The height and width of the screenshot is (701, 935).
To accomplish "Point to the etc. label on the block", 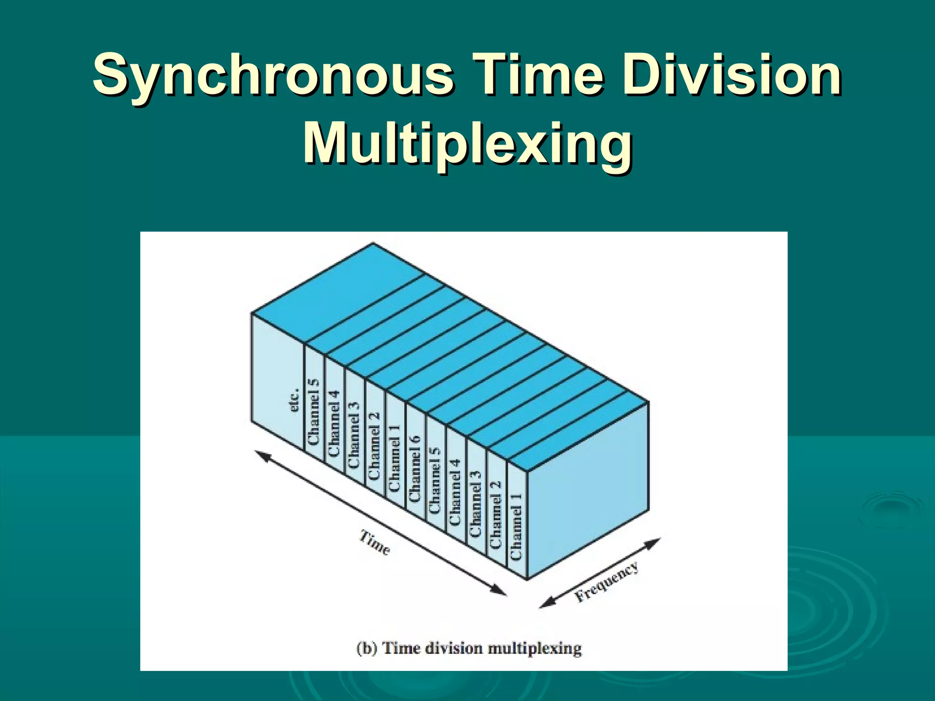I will [x=295, y=400].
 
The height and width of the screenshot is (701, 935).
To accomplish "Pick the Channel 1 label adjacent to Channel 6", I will [x=394, y=458].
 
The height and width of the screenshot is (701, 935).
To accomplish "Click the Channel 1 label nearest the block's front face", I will [x=516, y=527].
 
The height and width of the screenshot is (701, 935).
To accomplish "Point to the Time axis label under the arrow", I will [x=375, y=542].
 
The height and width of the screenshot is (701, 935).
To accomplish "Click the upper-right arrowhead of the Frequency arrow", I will [x=654, y=543].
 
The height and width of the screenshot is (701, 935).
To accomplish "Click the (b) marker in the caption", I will [x=367, y=648].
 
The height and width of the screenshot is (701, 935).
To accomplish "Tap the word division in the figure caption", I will [x=454, y=648].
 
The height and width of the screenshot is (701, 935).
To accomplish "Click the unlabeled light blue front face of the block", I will [x=588, y=491].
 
